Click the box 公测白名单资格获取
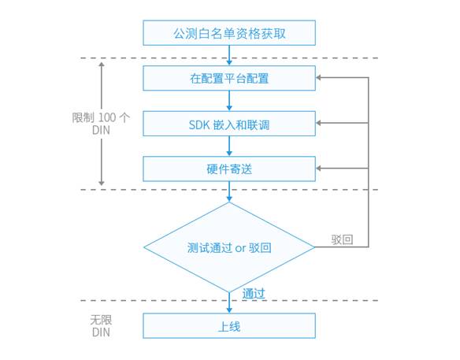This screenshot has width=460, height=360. [x=229, y=33]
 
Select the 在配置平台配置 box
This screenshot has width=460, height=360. [x=229, y=78]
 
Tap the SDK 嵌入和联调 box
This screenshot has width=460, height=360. [x=229, y=123]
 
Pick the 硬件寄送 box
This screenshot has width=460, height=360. [x=229, y=168]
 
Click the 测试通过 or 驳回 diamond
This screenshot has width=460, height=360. [x=229, y=247]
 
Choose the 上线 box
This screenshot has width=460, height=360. [x=229, y=325]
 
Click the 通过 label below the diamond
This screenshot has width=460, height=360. [x=254, y=293]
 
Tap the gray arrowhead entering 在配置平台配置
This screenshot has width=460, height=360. [x=320, y=78]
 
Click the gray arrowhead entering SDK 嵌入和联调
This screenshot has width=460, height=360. [x=320, y=123]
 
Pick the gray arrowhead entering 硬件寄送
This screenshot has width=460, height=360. [x=320, y=168]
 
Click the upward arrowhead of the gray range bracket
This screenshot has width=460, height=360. [x=101, y=65]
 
